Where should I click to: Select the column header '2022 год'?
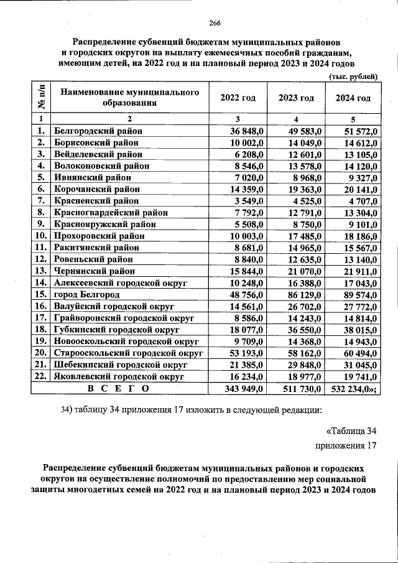(238, 98)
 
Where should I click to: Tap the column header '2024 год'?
(353, 98)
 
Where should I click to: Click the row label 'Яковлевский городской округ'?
(119, 376)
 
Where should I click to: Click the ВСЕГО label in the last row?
(119, 388)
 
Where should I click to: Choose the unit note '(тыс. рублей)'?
(353, 77)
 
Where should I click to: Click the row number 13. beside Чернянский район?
(41, 271)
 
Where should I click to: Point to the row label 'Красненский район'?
(96, 200)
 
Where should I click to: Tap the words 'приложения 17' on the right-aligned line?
(346, 445)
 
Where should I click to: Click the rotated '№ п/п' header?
(40, 98)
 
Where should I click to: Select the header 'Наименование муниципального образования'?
(129, 98)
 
